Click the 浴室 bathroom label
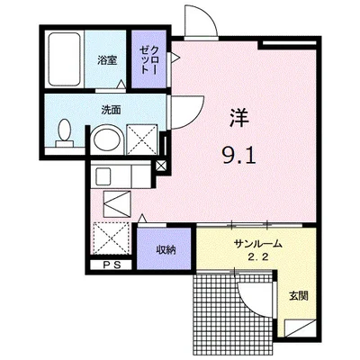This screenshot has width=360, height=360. click(108, 61)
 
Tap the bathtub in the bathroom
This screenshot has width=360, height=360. click(65, 58)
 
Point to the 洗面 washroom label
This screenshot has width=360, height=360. click(111, 111)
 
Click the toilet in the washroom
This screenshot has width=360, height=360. click(64, 133)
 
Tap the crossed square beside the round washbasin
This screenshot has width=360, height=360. click(139, 139)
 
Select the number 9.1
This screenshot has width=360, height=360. click(238, 156)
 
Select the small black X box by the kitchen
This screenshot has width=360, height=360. click(161, 166)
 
